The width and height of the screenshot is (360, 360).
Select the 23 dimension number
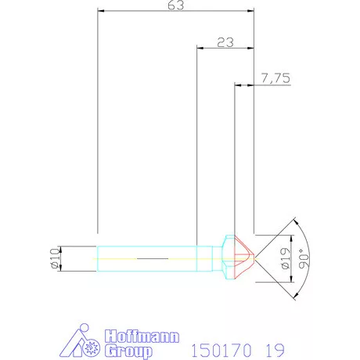click(225, 42)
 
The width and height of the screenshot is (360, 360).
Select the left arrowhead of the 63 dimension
click(101, 12)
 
